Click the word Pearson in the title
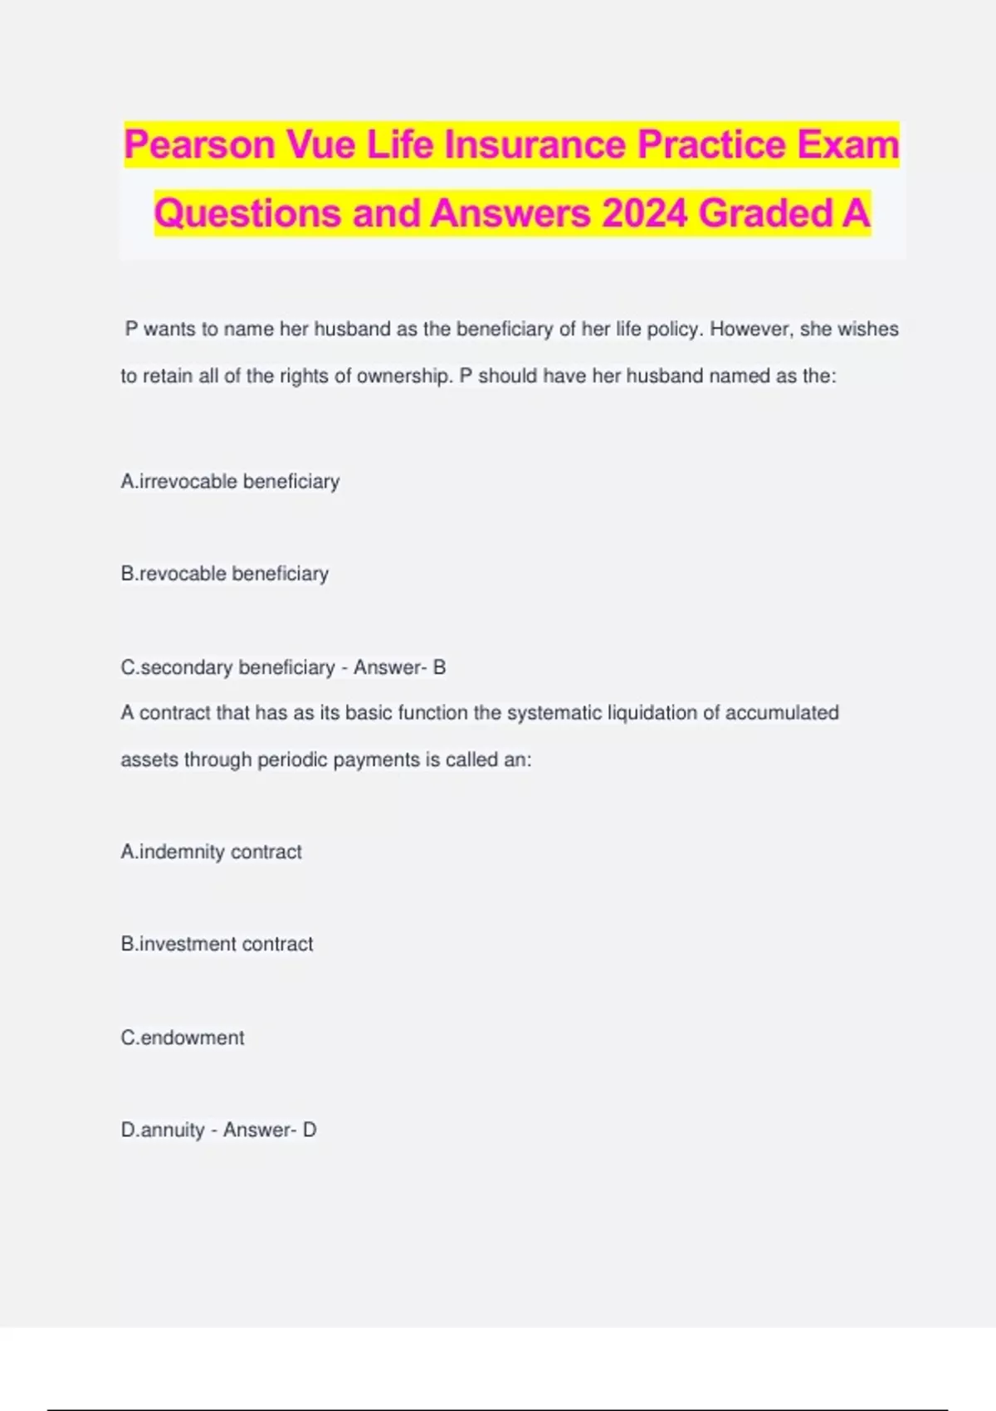(x=199, y=145)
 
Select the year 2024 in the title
(x=644, y=213)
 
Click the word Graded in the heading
(x=764, y=213)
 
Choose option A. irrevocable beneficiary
(x=230, y=481)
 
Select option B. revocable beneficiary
(x=224, y=574)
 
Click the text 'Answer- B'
(x=399, y=667)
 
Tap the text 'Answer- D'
(x=270, y=1130)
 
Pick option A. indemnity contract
(x=211, y=852)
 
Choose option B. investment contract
(x=217, y=944)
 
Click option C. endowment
(x=183, y=1037)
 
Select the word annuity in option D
(x=173, y=1130)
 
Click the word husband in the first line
(x=353, y=329)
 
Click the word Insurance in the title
(x=536, y=145)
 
